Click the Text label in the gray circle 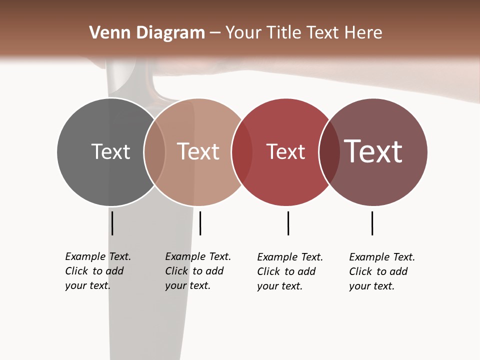click(110, 151)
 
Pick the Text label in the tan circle click(198, 151)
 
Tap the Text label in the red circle click(285, 152)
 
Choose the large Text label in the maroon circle click(373, 151)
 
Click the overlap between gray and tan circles click(154, 152)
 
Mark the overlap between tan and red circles click(242, 152)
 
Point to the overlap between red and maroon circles click(329, 152)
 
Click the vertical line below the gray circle click(112, 223)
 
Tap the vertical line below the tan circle click(200, 223)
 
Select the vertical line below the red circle click(288, 223)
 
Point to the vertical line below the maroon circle click(372, 223)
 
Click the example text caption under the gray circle click(97, 271)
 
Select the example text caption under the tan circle click(197, 271)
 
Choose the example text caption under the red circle click(289, 271)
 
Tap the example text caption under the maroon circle click(381, 271)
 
